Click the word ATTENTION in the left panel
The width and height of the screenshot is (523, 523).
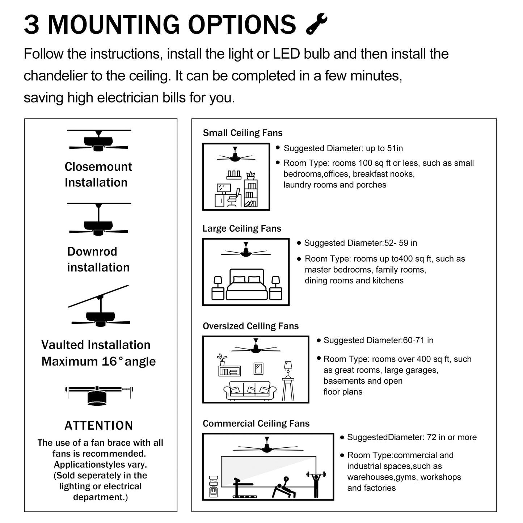pos(99,426)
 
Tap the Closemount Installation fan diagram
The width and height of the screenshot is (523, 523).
pos(98,141)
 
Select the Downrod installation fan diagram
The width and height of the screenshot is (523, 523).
pos(98,221)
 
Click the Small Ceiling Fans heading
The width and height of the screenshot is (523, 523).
pos(242,133)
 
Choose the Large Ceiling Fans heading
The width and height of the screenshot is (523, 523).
pos(241,228)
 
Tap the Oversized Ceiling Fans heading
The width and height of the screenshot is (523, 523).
pos(250,326)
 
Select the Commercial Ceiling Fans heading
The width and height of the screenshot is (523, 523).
pos(256,423)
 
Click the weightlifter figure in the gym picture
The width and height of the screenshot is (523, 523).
pos(316,483)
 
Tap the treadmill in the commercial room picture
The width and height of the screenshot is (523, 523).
pos(241,489)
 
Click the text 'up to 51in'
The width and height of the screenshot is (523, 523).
pos(384,148)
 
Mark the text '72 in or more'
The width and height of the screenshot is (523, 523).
pos(452,437)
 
